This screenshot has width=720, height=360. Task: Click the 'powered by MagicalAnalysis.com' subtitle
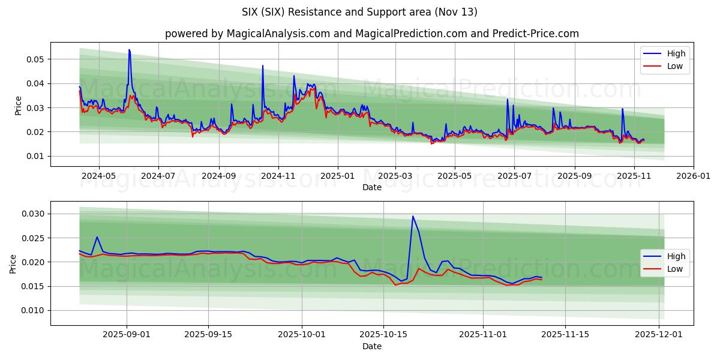coord(371,34)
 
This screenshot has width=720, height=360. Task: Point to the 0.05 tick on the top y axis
coord(35,59)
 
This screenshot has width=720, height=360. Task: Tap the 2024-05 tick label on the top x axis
coord(98,176)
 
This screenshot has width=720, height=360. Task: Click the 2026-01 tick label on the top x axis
coord(694,176)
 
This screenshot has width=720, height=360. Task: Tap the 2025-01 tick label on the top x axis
coord(338,176)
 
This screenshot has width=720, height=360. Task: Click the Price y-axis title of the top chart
coord(18,106)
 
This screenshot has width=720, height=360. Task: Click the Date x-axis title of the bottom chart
coord(371,347)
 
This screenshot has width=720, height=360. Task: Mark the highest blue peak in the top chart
coord(129,50)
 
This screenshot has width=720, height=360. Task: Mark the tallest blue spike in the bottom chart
coord(413,216)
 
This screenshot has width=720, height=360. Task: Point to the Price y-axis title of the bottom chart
coord(13,263)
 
